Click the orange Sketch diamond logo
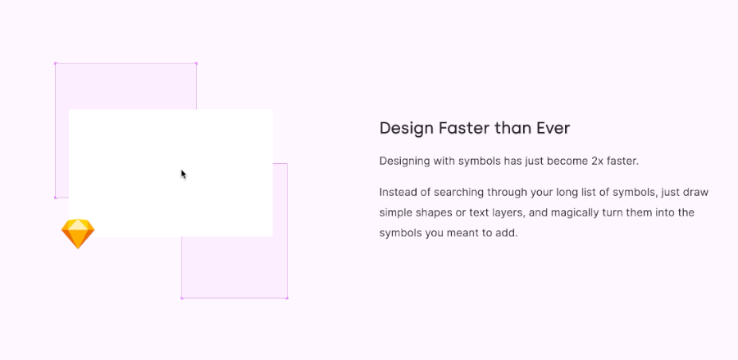(78, 234)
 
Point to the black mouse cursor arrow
(184, 174)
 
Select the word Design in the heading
(406, 128)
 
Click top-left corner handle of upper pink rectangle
(55, 63)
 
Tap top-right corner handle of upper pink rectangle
(196, 63)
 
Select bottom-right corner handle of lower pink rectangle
(287, 298)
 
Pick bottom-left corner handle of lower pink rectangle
(181, 298)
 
